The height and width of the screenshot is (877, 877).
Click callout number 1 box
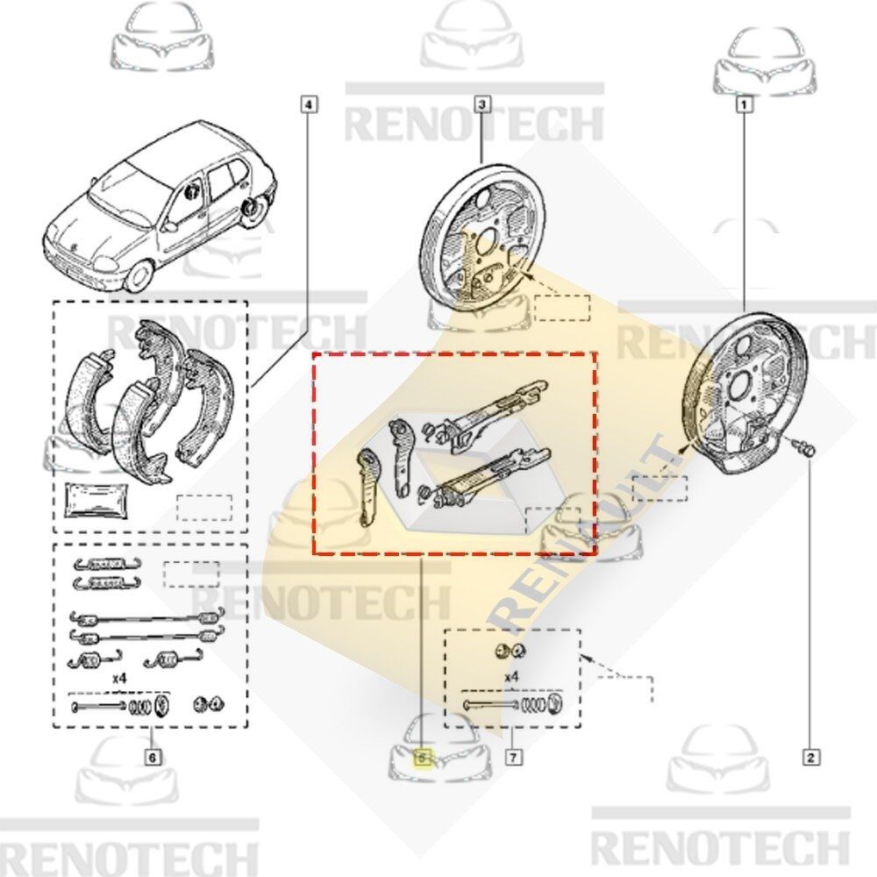tap(744, 104)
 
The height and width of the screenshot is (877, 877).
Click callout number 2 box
tap(811, 758)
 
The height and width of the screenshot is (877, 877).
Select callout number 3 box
tap(482, 104)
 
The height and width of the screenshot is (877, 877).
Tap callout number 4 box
tap(310, 104)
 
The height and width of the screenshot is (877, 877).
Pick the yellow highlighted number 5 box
tap(423, 758)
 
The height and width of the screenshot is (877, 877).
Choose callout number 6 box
tap(152, 758)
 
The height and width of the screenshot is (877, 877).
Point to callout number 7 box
tap(513, 758)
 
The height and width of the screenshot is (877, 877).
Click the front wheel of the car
tap(139, 276)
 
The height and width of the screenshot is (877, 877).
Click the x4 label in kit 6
tap(119, 678)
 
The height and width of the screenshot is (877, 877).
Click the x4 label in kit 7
tap(511, 677)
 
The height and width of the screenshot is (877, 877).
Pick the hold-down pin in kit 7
tap(490, 705)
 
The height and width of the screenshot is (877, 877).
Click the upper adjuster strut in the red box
tap(486, 414)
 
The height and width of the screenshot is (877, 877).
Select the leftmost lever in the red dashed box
tap(367, 488)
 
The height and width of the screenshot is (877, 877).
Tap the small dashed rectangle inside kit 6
tap(191, 574)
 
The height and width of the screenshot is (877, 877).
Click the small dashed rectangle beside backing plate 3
tap(562, 308)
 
